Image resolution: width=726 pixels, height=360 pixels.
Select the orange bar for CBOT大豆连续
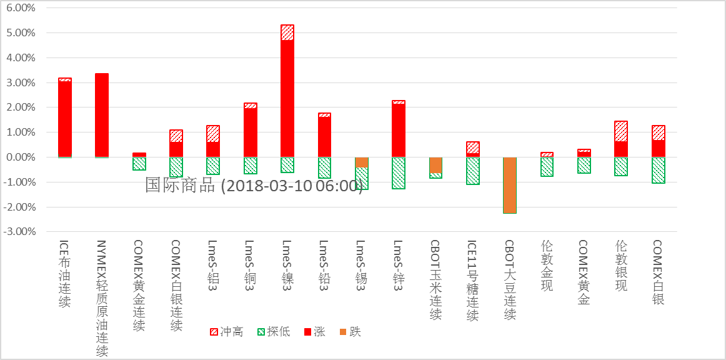[510, 185]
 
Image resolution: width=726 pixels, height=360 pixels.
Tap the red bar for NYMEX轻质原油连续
[101, 115]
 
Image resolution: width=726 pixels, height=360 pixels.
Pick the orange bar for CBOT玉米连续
[436, 165]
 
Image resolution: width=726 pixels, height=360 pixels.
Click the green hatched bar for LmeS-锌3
[399, 173]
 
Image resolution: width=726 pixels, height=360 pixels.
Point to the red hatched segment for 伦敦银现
[621, 131]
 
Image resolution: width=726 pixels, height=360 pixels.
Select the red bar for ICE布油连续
[64, 119]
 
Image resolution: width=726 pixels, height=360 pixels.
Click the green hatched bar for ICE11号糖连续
[473, 171]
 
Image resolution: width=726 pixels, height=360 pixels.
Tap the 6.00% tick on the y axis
[21, 8]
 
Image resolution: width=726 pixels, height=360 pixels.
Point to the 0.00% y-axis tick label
[21, 157]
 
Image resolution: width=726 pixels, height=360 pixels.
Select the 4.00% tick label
[21, 57]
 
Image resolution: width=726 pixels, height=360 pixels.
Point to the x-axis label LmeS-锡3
[361, 266]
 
